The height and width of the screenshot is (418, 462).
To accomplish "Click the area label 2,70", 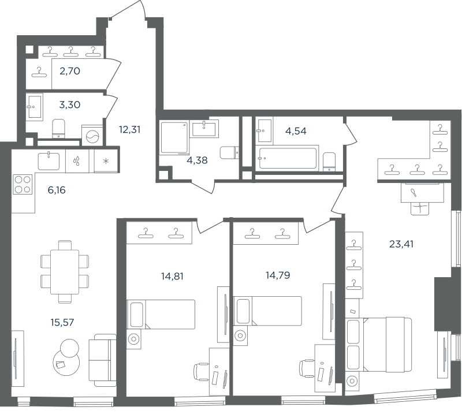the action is coord(70,71).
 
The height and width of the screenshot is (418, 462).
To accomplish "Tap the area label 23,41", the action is coord(401,244).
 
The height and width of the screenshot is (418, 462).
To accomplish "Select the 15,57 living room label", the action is coord(62,323).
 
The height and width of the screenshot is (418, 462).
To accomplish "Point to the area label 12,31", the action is coord(129,129).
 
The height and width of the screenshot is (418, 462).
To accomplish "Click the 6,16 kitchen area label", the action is coord(57,191).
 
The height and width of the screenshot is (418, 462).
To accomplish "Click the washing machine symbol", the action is coord(92,135).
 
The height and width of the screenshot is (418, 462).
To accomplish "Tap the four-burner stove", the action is coord(23,184).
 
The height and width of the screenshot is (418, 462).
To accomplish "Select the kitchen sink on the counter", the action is coord(49,161).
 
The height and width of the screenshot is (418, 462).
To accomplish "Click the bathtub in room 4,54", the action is coord(288,158).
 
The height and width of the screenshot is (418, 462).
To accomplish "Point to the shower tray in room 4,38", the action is coord(175,138).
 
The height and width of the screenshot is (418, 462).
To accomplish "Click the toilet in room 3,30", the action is coord(58,128).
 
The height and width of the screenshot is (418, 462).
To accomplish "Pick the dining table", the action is coord(65,272).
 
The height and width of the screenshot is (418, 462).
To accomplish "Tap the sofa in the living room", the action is coord(103,360).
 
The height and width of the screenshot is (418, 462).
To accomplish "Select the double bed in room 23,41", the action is coord(379,344).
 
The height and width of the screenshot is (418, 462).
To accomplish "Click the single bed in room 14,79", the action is coord(267,311).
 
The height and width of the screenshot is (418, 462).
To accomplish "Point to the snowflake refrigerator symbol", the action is coord(106,161).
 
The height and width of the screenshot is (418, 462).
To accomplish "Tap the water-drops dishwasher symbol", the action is coord(77,161).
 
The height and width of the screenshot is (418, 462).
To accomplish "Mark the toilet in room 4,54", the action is coord(329,162).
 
